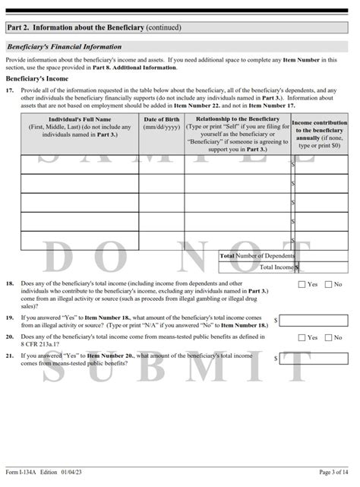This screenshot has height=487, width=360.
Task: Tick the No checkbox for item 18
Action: point(328,284)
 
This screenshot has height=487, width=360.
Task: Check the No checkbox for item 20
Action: point(328,337)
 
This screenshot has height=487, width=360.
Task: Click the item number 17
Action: point(10,90)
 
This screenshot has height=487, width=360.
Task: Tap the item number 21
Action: point(10,355)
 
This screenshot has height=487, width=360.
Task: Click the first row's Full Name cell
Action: point(80,164)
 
